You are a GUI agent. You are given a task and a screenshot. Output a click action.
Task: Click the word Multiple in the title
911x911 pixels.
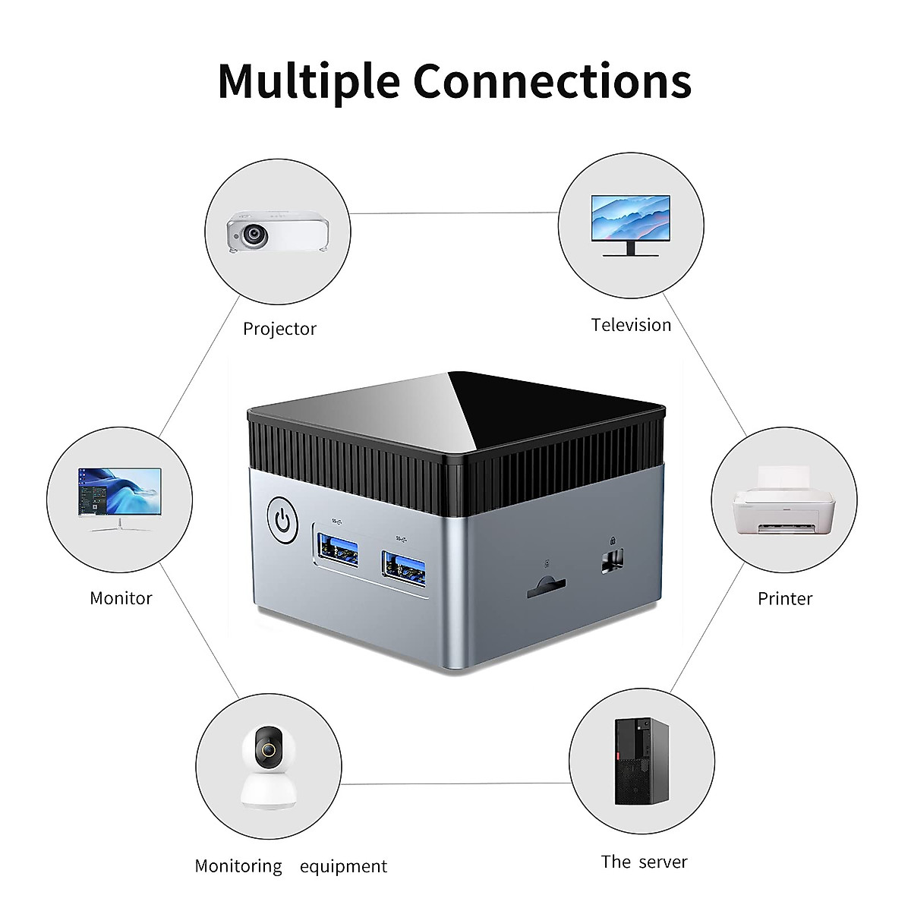(309, 81)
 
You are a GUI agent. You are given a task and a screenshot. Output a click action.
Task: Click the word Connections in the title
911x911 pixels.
(552, 80)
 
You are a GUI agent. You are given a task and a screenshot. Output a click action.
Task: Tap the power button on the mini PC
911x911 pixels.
(282, 520)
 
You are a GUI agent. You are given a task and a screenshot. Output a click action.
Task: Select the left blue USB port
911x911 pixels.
(338, 550)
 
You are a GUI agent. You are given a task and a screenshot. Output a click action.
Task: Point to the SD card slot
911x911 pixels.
(546, 586)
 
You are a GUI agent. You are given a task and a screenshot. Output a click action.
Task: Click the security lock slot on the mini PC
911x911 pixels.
(612, 561)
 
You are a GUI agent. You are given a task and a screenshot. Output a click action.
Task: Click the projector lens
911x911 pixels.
(254, 234)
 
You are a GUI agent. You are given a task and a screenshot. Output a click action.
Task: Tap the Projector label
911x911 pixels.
(279, 329)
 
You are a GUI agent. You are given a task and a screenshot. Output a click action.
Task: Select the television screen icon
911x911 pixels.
(630, 225)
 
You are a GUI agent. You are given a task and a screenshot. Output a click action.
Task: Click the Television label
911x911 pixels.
(631, 325)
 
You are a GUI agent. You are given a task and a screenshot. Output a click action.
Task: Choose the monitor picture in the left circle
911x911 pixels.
(120, 500)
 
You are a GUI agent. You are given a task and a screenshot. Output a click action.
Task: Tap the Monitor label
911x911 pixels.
(121, 598)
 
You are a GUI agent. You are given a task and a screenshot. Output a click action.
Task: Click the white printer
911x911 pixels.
(783, 500)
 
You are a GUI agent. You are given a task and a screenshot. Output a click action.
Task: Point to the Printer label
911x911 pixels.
(785, 598)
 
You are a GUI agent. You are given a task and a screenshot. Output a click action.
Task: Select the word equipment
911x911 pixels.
(343, 866)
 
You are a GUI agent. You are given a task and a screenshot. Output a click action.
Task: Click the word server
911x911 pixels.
(663, 862)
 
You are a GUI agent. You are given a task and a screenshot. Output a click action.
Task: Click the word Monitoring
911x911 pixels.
(238, 866)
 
